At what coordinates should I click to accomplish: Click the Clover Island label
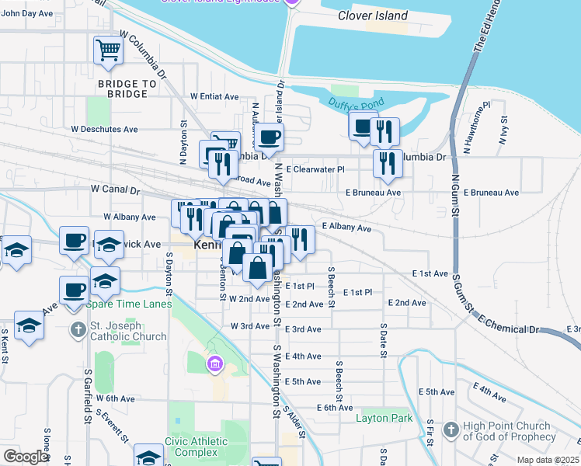tap(373, 16)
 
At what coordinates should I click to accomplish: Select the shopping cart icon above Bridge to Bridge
tap(108, 51)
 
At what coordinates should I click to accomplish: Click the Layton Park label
tap(384, 418)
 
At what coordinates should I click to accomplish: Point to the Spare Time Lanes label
tap(129, 304)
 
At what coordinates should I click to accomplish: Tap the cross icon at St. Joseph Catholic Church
tap(78, 331)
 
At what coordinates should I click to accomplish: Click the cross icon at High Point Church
tap(451, 429)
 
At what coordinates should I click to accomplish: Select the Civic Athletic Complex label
tap(196, 447)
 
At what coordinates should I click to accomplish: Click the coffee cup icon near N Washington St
tap(269, 137)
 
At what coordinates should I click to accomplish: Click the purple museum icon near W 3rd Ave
tap(215, 363)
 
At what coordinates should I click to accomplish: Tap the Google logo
tap(26, 457)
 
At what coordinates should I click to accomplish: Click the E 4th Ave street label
tap(303, 356)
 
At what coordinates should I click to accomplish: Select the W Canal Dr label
tap(115, 189)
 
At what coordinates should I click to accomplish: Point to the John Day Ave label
tap(27, 13)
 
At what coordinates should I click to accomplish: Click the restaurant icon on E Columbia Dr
tap(387, 164)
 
